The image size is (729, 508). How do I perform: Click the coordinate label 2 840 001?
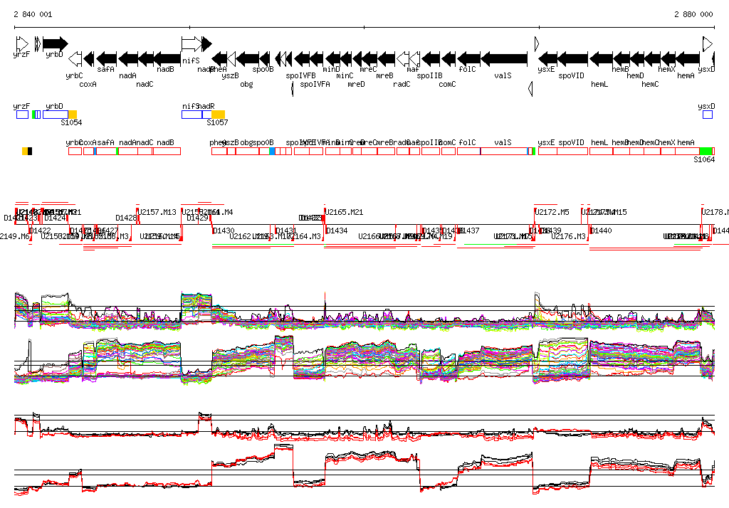(33, 14)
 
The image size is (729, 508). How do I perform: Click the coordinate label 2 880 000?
(693, 14)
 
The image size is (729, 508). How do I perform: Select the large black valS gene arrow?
(504, 58)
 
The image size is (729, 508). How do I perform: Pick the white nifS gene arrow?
(191, 44)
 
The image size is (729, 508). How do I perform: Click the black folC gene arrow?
(468, 58)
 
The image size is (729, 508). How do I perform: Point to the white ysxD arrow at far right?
(708, 44)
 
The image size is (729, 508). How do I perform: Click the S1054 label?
(71, 123)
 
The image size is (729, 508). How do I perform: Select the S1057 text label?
(217, 123)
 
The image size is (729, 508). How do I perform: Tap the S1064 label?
(703, 160)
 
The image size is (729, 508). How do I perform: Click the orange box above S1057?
(219, 114)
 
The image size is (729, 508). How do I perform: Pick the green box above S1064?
(706, 151)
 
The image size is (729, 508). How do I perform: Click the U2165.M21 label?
(345, 212)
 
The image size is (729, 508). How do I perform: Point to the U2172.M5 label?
(552, 212)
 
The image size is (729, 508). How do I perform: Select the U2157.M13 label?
(157, 212)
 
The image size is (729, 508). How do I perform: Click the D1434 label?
(337, 231)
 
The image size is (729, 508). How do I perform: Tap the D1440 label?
(602, 231)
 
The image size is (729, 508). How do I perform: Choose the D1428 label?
(127, 218)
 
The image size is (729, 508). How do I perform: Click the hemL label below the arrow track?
(599, 84)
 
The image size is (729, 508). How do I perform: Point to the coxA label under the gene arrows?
(88, 84)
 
